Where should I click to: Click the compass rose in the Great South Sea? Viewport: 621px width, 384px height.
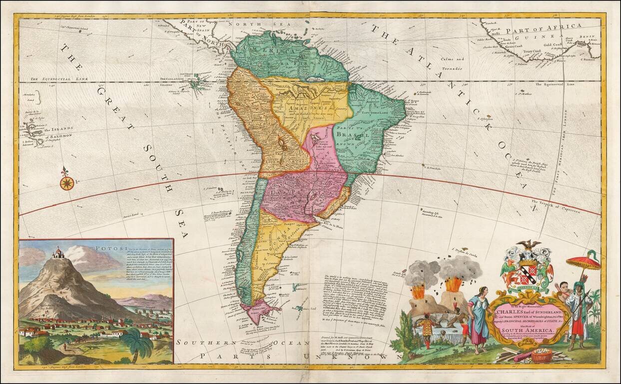coord(66,183)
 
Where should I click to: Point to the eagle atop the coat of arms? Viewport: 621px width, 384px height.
coord(529,245)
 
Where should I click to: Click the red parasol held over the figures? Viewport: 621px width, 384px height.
coord(583,261)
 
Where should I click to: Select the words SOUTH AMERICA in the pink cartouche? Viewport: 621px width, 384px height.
coord(531,331)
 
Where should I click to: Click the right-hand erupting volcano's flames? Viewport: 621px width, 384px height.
coord(454,284)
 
